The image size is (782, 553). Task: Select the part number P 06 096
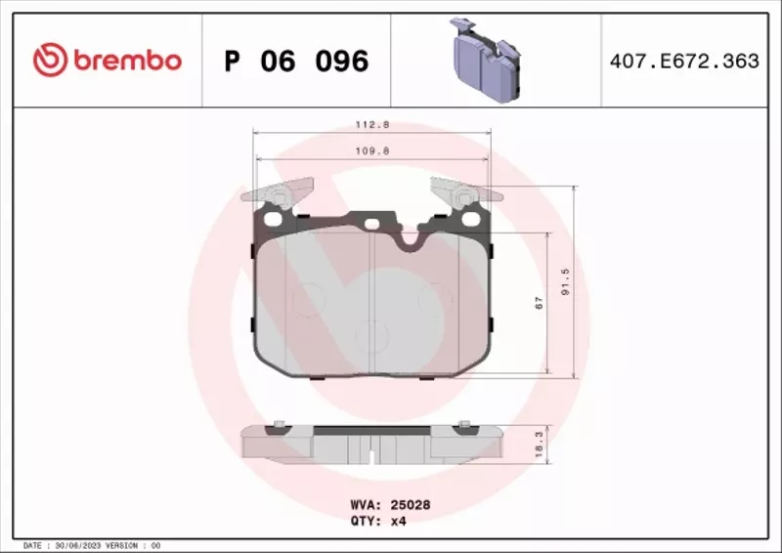click(296, 62)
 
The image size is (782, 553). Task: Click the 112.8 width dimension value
click(369, 125)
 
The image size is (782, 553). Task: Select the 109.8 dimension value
click(369, 150)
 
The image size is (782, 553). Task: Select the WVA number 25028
click(412, 505)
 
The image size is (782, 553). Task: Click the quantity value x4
click(398, 521)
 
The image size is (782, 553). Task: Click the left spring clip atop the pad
click(282, 192)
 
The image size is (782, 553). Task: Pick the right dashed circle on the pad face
click(431, 295)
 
